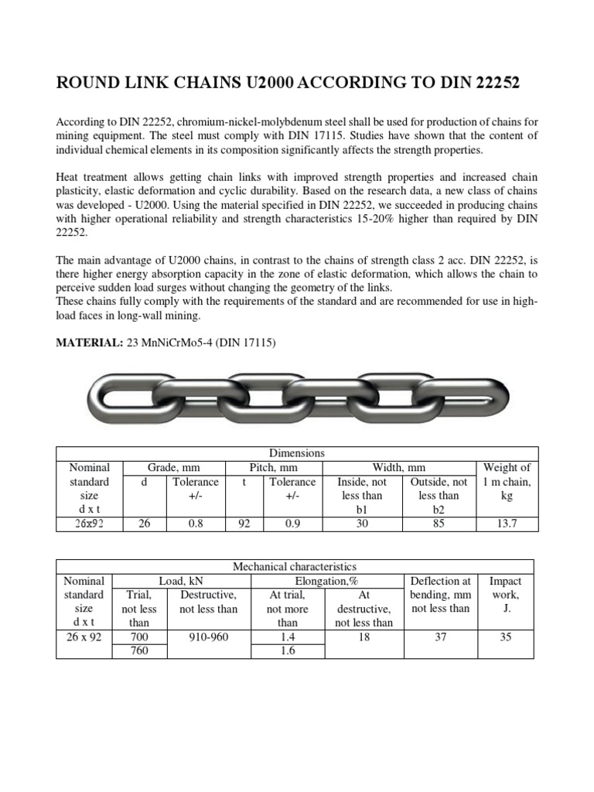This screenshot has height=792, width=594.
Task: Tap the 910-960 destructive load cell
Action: click(208, 637)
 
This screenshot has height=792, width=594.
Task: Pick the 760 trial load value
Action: click(138, 651)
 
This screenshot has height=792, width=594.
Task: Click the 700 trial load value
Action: click(138, 637)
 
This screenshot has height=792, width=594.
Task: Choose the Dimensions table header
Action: click(296, 453)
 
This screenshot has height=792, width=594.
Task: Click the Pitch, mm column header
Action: click(273, 468)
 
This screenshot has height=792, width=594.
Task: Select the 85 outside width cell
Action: click(439, 524)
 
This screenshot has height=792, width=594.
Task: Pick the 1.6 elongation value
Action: click(287, 651)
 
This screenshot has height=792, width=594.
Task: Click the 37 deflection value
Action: click(440, 637)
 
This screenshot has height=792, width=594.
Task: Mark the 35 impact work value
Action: click(507, 637)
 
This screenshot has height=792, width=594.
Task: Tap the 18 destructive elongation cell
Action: click(364, 637)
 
